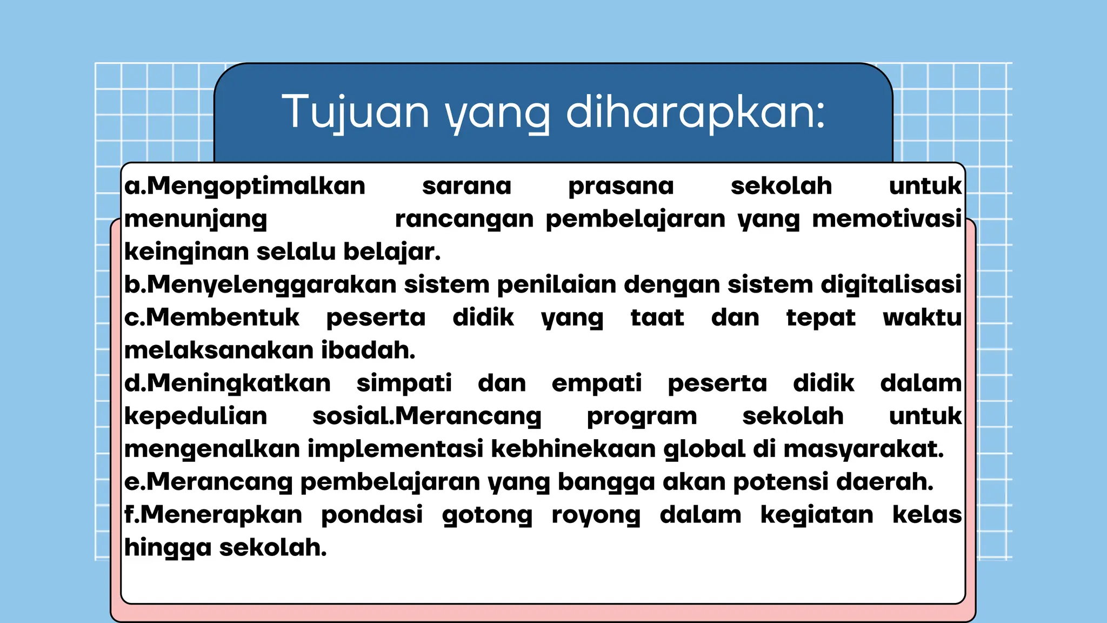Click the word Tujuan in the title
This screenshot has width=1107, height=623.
point(356,112)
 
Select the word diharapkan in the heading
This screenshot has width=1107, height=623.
point(696,112)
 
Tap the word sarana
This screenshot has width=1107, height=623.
point(466,186)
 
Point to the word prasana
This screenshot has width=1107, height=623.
point(621,186)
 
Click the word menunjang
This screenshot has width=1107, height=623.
point(196,219)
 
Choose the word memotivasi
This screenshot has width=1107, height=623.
point(886,219)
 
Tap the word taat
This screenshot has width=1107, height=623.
point(657,317)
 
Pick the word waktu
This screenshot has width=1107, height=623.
point(922,317)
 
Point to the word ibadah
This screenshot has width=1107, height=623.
point(368,350)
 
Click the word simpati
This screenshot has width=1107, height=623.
point(404,383)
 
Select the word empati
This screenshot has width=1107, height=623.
point(597,383)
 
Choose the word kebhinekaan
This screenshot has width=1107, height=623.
point(573,449)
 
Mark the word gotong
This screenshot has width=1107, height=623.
point(487,515)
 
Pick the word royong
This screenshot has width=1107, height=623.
point(596,515)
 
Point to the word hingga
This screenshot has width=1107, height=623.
point(168,548)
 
